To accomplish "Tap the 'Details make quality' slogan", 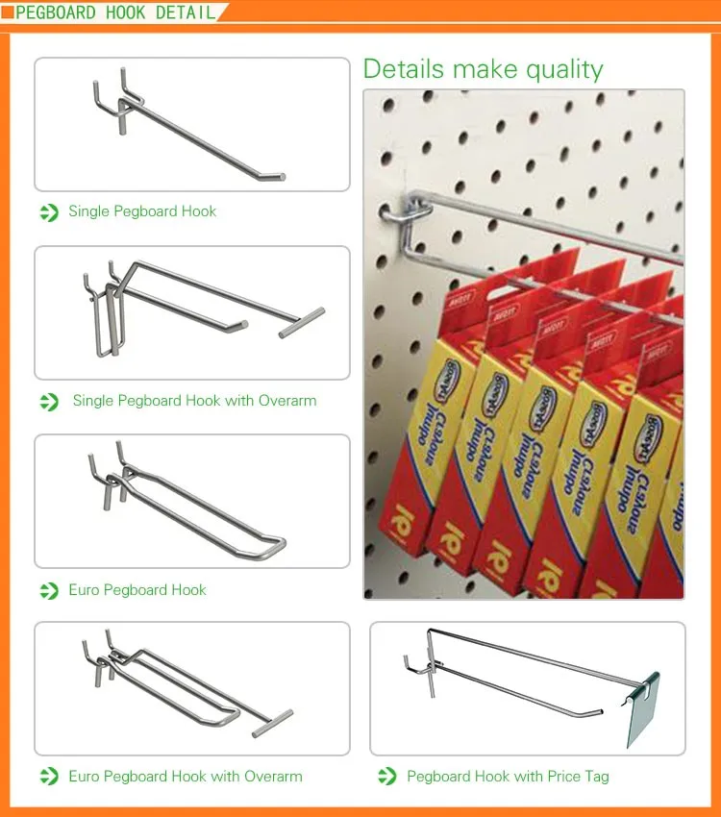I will [x=483, y=69].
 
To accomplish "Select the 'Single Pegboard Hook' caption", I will [x=142, y=211].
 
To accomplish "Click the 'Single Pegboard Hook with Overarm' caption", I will [x=194, y=401].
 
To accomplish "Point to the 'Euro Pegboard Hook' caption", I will [x=137, y=590].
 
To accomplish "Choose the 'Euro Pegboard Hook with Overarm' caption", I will [x=186, y=777].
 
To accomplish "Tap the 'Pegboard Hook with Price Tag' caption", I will [x=508, y=777].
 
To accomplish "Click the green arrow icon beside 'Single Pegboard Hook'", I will [x=49, y=212].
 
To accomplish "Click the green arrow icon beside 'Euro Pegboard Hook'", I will [x=49, y=590].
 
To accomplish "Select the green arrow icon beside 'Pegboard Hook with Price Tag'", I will [x=387, y=777].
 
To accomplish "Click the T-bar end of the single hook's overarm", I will [x=302, y=322].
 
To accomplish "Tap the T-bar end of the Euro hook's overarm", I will [x=272, y=723].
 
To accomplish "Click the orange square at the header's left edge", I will [x=7, y=12].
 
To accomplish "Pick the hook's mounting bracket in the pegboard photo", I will [x=396, y=210].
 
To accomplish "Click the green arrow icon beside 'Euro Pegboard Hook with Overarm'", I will [x=49, y=777].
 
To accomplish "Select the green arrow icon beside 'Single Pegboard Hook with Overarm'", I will [x=49, y=402].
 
